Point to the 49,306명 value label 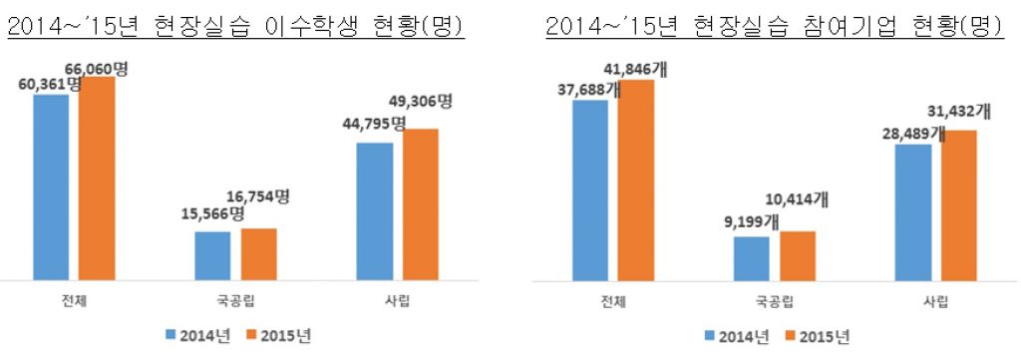pyautogui.click(x=419, y=102)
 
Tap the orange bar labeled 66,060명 pyautogui.click(x=97, y=179)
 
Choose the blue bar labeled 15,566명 pyautogui.click(x=211, y=256)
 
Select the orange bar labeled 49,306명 pyautogui.click(x=420, y=204)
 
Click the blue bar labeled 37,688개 pyautogui.click(x=589, y=189)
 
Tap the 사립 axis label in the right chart pyautogui.click(x=937, y=301)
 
